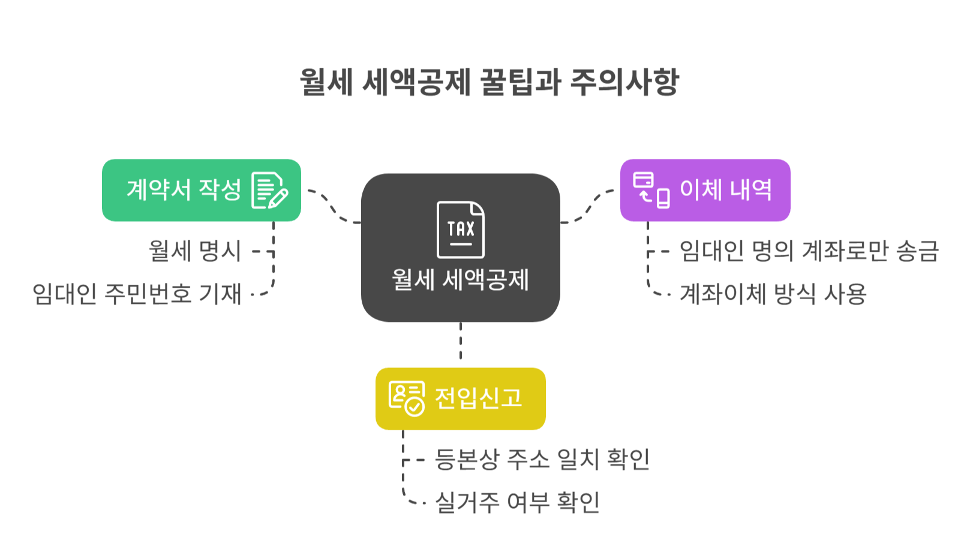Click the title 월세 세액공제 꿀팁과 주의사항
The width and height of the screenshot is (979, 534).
pyautogui.click(x=489, y=82)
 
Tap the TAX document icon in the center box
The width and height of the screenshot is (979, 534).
pyautogui.click(x=460, y=230)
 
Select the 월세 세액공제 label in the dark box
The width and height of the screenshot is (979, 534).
pyautogui.click(x=460, y=280)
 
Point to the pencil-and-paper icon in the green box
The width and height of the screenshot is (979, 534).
pyautogui.click(x=269, y=191)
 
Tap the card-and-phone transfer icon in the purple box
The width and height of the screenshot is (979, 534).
pyautogui.click(x=651, y=190)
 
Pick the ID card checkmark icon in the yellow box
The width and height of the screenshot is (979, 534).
pyautogui.click(x=406, y=399)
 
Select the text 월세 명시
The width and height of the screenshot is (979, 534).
pyautogui.click(x=195, y=251)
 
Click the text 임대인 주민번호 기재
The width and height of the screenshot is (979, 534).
pyautogui.click(x=137, y=294)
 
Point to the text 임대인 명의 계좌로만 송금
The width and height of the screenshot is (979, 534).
pyautogui.click(x=809, y=251)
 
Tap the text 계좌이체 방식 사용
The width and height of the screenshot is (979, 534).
pyautogui.click(x=773, y=294)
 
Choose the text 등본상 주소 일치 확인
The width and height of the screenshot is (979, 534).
pyautogui.click(x=542, y=459)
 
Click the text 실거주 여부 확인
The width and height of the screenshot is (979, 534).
pyautogui.click(x=517, y=502)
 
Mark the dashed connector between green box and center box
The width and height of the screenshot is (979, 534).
pyautogui.click(x=333, y=207)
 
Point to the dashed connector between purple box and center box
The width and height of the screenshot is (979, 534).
pyautogui.click(x=588, y=207)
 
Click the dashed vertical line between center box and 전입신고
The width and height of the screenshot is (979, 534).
pyautogui.click(x=461, y=342)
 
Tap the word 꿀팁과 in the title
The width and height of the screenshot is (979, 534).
pyautogui.click(x=519, y=82)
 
